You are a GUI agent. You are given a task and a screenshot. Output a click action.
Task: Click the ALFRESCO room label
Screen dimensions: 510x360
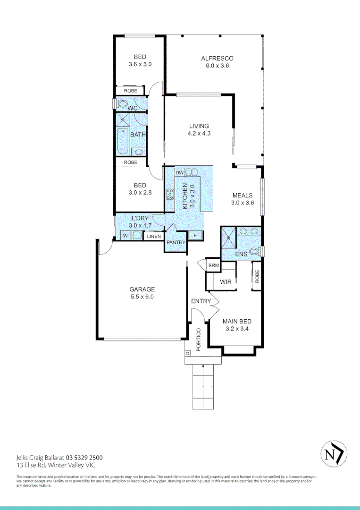click(x=217, y=58)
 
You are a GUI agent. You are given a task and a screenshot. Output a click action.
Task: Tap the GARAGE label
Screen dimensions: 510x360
click(x=142, y=289)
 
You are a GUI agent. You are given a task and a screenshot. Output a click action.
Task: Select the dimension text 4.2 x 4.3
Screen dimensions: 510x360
click(x=199, y=134)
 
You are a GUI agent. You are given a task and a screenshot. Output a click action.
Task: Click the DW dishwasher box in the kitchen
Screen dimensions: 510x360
click(x=179, y=173)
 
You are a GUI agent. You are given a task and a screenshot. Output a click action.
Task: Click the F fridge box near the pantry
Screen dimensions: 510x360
click(x=195, y=235)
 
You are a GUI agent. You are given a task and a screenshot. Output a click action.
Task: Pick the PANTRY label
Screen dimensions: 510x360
click(x=175, y=243)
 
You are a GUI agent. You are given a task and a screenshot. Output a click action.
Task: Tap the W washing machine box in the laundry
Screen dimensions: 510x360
click(x=125, y=236)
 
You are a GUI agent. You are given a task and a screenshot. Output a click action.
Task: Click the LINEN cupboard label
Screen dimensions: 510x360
click(x=153, y=236)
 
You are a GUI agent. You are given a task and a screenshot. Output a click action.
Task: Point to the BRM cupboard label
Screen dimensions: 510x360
click(x=213, y=266)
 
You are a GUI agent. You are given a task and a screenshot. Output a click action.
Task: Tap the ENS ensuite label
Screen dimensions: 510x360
click(x=241, y=254)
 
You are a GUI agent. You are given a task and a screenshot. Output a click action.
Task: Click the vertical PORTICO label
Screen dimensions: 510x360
click(x=199, y=339)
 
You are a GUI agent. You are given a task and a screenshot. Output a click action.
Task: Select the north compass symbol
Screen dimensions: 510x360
click(x=334, y=454)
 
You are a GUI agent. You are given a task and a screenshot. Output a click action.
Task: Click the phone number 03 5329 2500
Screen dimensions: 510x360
click(x=84, y=458)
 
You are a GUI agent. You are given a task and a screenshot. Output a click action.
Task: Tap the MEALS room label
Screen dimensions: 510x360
click(x=242, y=195)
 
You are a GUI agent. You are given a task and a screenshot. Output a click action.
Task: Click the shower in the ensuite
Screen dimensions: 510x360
click(x=228, y=238)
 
